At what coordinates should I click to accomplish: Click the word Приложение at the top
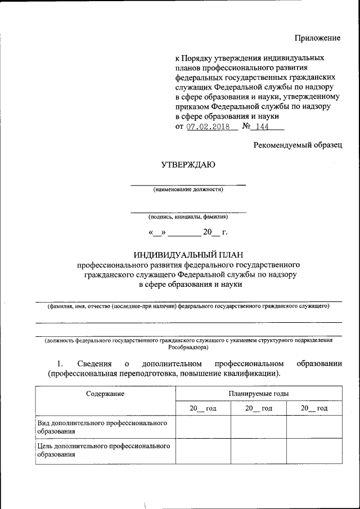tap(318, 38)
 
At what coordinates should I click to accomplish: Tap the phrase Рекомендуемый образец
tap(297, 145)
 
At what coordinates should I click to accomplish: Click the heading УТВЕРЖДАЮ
tap(188, 165)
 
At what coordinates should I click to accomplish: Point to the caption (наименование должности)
tap(188, 190)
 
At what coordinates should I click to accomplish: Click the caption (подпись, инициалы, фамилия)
tap(188, 217)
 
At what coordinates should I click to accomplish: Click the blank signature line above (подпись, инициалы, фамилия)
tap(188, 212)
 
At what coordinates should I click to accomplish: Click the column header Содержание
tap(105, 394)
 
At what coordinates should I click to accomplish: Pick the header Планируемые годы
tap(258, 394)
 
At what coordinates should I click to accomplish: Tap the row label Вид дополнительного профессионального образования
tap(102, 426)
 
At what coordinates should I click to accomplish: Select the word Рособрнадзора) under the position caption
tap(188, 348)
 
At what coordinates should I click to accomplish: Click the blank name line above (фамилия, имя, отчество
tap(188, 302)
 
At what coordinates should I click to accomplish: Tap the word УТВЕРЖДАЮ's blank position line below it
tap(188, 184)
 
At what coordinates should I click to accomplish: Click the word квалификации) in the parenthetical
tap(247, 373)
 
